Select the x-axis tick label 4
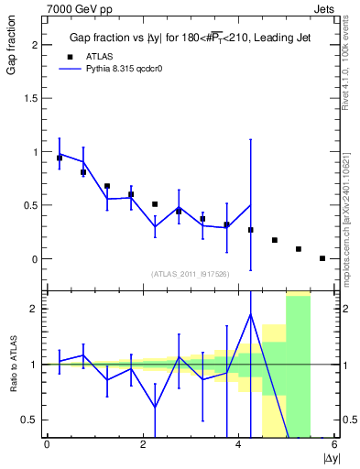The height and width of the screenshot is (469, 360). (x=238, y=445)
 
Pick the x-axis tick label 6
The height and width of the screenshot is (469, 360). (x=334, y=445)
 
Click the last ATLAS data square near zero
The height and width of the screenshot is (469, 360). (x=322, y=258)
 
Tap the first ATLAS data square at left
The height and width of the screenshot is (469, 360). (x=60, y=158)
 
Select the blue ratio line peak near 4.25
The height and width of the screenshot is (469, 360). (x=250, y=314)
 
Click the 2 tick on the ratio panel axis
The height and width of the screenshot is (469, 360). (x=35, y=309)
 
